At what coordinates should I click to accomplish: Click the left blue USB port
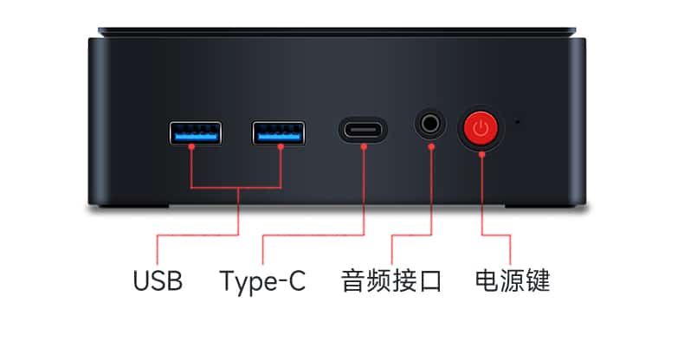pyautogui.click(x=195, y=133)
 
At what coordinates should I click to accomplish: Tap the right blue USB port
pyautogui.click(x=279, y=133)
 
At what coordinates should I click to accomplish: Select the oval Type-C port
pyautogui.click(x=363, y=132)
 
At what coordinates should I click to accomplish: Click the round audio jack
pyautogui.click(x=430, y=125)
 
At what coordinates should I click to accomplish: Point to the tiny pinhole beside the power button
pyautogui.click(x=518, y=120)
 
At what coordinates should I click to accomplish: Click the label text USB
pyautogui.click(x=158, y=281)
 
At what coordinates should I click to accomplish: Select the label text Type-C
pyautogui.click(x=262, y=281)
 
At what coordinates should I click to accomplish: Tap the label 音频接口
pyautogui.click(x=391, y=281)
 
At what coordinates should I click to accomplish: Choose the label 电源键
pyautogui.click(x=513, y=281)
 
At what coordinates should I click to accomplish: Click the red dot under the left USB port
pyautogui.click(x=191, y=147)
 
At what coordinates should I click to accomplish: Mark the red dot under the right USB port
pyautogui.click(x=281, y=147)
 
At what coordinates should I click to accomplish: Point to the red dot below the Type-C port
pyautogui.click(x=364, y=147)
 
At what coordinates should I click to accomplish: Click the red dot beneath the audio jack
pyautogui.click(x=430, y=145)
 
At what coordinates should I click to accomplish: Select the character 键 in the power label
pyautogui.click(x=538, y=281)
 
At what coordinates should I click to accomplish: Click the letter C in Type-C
pyautogui.click(x=295, y=281)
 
